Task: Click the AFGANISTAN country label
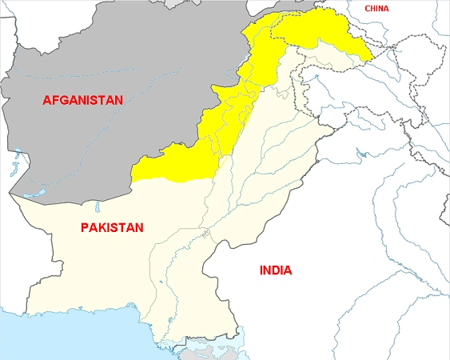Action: [x=83, y=100]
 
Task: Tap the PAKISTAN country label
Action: [x=112, y=228]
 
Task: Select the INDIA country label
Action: [x=275, y=270]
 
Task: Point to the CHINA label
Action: [x=378, y=8]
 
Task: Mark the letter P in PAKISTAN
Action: [x=85, y=228]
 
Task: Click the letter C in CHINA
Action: [x=367, y=8]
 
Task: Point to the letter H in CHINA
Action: [x=373, y=8]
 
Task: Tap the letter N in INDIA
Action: [x=268, y=270]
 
